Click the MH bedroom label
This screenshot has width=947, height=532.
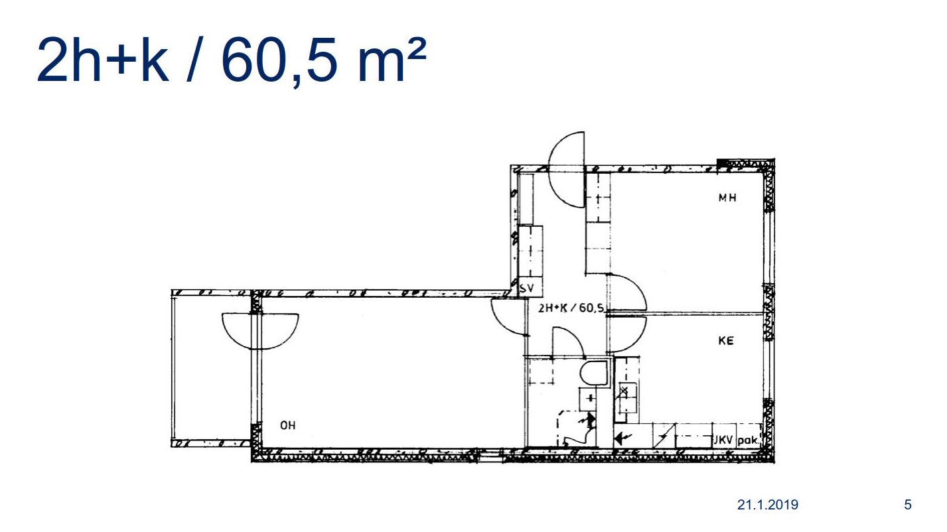(x=727, y=197)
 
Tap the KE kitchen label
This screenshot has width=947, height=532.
(x=726, y=340)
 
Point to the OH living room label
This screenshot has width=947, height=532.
(x=288, y=425)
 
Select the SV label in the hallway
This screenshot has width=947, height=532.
(x=527, y=289)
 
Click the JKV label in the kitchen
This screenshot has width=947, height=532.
(x=724, y=440)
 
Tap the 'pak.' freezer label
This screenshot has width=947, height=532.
(x=749, y=440)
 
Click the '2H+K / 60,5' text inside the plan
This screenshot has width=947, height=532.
(x=571, y=308)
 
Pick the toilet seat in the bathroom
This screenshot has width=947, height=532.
(x=593, y=373)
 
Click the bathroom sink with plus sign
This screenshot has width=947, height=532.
(x=588, y=399)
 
